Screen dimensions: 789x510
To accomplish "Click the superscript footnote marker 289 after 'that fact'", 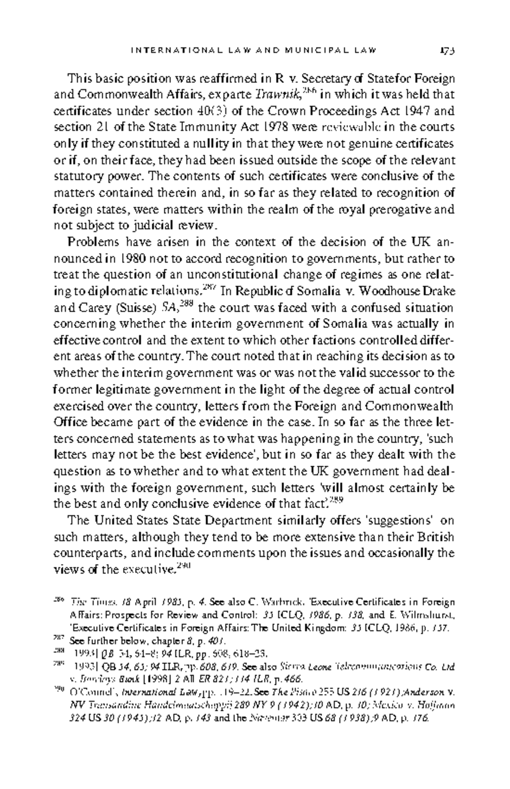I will (x=336, y=501).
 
